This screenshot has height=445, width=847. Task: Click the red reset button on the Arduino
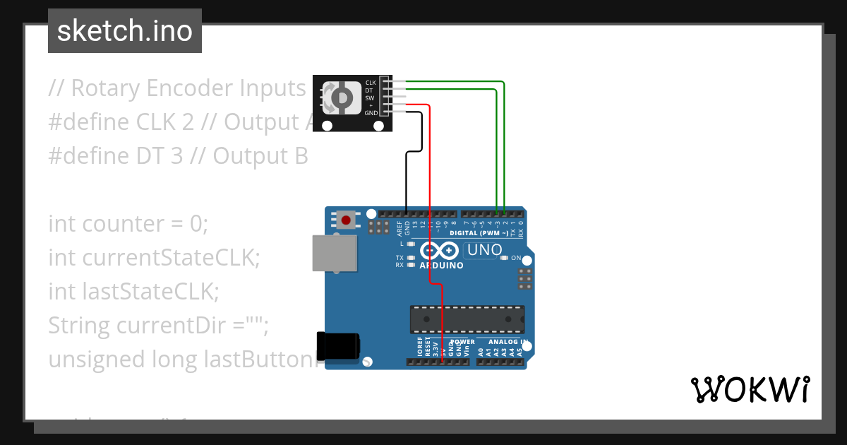coord(346,220)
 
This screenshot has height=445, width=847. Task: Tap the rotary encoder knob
coord(340,97)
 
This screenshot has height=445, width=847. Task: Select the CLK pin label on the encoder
coord(370,83)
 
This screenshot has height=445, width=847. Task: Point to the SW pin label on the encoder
coord(369,97)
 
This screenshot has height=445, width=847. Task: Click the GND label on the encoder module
coord(371,112)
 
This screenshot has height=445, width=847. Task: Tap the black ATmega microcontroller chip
coord(467,319)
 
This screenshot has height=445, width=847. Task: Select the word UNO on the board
coord(485,250)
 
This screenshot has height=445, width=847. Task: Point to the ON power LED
coord(504,258)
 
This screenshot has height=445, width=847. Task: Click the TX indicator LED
coord(410,258)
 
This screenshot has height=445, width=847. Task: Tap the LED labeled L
coord(410,243)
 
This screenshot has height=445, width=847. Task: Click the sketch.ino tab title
coord(125,31)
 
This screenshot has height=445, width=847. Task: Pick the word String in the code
coord(79,326)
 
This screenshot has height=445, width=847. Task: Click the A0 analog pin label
coord(481,350)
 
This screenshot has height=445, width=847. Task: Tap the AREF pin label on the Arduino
coord(400,227)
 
